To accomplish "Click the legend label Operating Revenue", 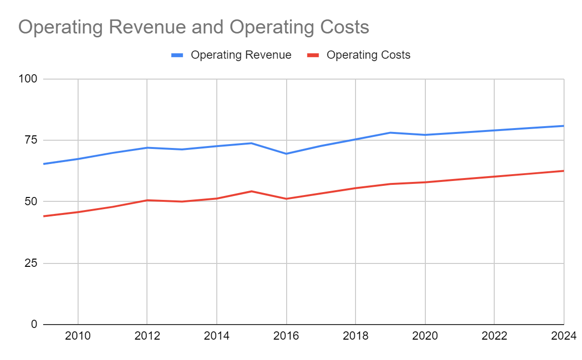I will click(241, 55).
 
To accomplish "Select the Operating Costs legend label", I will click(368, 55).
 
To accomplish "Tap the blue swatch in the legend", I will click(178, 55).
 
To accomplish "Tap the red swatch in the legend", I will click(313, 55).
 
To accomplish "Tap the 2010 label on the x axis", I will click(78, 336).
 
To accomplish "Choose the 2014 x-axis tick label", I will click(216, 336).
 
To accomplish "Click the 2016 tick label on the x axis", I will click(286, 336).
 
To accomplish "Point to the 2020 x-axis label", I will click(425, 336).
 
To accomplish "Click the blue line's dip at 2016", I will click(286, 154).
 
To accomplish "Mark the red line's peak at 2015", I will click(251, 191).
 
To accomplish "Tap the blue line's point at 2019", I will click(390, 132).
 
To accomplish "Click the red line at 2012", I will click(147, 200).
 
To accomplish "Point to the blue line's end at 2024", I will click(563, 126).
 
